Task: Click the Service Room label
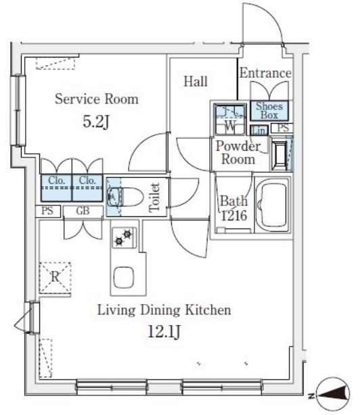click(97, 99)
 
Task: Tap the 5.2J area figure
click(96, 122)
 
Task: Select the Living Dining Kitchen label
click(164, 310)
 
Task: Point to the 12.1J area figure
click(164, 332)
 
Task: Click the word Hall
click(196, 82)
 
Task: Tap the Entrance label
click(265, 73)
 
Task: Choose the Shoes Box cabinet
click(269, 111)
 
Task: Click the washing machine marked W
click(230, 120)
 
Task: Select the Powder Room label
click(238, 153)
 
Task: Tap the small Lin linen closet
click(259, 130)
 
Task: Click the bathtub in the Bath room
click(272, 204)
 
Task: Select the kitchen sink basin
click(123, 277)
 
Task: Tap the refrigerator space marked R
click(55, 278)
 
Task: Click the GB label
click(83, 211)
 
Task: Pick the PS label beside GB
click(47, 211)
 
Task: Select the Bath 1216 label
click(234, 208)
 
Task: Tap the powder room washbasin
click(279, 153)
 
